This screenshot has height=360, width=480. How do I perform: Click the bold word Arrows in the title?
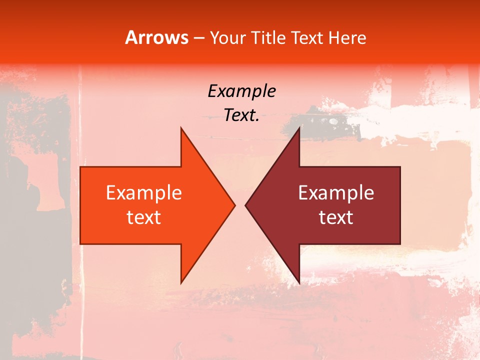[157, 37]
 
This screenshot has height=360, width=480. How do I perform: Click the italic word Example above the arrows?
[241, 91]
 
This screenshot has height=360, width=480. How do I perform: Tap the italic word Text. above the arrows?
[241, 115]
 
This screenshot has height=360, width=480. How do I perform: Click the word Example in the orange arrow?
[144, 193]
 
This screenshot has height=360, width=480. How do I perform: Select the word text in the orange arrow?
[144, 217]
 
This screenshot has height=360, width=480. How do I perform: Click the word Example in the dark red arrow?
[336, 193]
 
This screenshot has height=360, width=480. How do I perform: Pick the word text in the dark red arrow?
[336, 217]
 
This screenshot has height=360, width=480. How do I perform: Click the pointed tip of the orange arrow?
[235, 205]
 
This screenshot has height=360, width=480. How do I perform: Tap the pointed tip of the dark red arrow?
[245, 205]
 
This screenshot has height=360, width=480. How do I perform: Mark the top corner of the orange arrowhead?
[181, 127]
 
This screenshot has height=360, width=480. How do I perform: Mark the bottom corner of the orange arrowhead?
[181, 283]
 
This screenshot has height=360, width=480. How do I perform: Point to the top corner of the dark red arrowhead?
[299, 127]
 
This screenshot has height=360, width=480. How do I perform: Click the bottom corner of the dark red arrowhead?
[299, 283]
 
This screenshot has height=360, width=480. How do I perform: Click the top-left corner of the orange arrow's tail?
[80, 167]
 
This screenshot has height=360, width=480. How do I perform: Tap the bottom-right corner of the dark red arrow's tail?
[400, 244]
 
